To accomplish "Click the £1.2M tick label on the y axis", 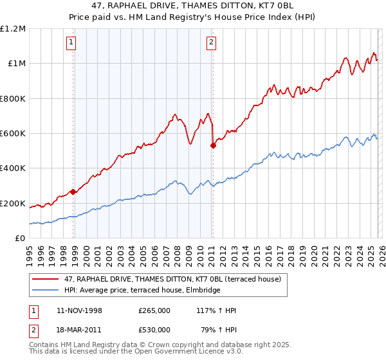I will coord(13,29).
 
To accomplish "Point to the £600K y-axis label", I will coord(13,134).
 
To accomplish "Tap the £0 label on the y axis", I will coord(19,239).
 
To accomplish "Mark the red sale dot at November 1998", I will coord(73,192).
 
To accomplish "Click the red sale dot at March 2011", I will coord(213,145).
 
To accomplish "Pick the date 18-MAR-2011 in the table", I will coord(79,330).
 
